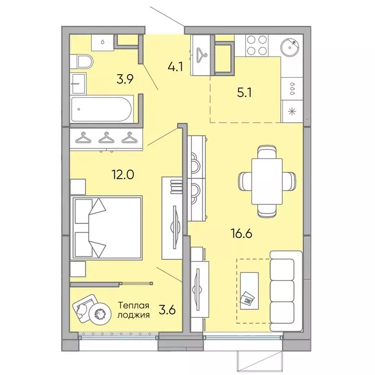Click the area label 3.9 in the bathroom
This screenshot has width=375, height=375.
click(x=125, y=79)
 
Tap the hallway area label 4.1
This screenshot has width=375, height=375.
click(x=175, y=67)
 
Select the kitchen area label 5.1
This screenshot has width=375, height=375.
click(x=244, y=93)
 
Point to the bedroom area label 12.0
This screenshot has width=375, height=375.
click(x=123, y=175)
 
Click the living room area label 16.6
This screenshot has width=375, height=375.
click(x=242, y=233)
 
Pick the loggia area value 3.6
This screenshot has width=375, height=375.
click(x=167, y=310)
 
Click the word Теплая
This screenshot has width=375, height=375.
click(x=134, y=305)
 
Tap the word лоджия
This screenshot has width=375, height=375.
click(x=134, y=315)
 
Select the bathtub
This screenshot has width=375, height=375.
click(x=102, y=109)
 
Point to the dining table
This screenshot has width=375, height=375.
click(x=267, y=181)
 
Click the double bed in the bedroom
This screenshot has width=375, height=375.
click(x=106, y=228)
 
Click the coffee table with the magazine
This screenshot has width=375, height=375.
click(x=249, y=291)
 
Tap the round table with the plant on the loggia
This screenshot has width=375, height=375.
click(x=100, y=313)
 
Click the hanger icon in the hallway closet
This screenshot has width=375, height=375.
click(x=202, y=54)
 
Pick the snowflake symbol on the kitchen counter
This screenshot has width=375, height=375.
click(x=292, y=111)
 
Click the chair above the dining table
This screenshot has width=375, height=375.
click(x=267, y=152)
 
